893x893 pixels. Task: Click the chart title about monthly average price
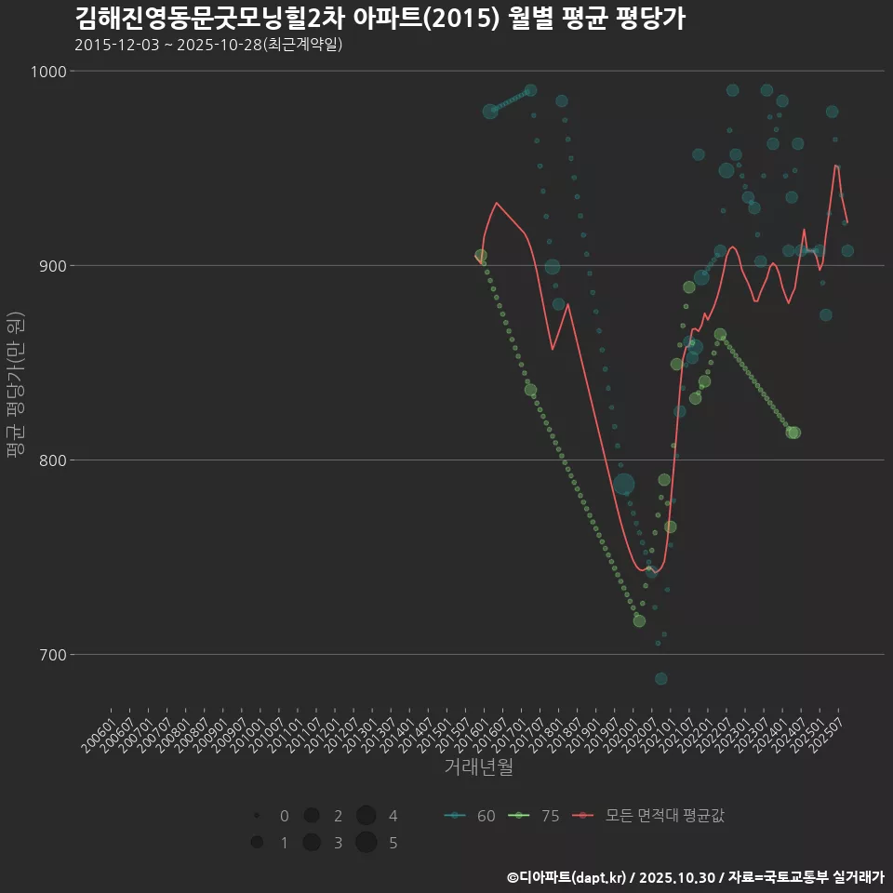coord(380,19)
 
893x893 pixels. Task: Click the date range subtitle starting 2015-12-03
coord(208,45)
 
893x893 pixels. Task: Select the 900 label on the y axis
coord(51,266)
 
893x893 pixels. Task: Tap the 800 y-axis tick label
coord(51,460)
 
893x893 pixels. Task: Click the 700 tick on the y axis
coord(51,655)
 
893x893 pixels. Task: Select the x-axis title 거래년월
coord(478,766)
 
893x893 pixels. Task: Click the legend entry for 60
coord(471,816)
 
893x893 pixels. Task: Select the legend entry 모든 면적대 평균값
coord(650,816)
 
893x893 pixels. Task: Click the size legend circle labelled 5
coord(366,843)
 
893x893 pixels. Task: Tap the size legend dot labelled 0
coord(256,816)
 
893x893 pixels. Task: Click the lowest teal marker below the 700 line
coord(660,678)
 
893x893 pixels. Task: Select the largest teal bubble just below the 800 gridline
coord(623,484)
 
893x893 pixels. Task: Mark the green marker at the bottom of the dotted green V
coord(639,620)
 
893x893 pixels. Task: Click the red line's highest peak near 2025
coord(836,166)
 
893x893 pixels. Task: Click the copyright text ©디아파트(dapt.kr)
coord(566,877)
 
